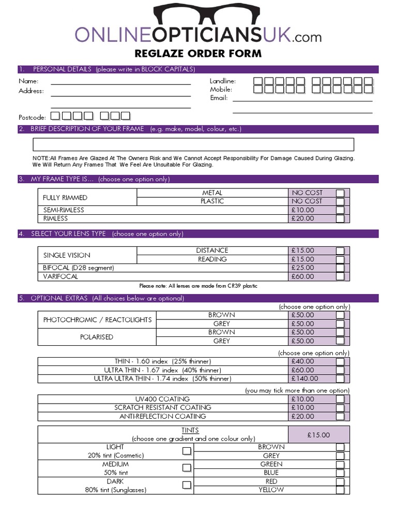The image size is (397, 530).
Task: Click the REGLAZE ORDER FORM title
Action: pyautogui.click(x=198, y=53)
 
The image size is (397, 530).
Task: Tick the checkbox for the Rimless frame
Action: pyautogui.click(x=340, y=218)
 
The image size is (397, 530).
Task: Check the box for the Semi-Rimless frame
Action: pyautogui.click(x=340, y=210)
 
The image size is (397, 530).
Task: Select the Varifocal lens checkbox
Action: pyautogui.click(x=340, y=276)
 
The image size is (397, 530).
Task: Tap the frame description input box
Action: pyautogui.click(x=193, y=144)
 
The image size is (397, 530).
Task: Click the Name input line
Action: pyautogui.click(x=120, y=82)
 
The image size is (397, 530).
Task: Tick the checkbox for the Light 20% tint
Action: pyautogui.click(x=187, y=451)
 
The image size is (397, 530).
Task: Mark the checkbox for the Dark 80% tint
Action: pyautogui.click(x=187, y=485)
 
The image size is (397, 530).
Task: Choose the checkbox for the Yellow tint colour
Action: pyautogui.click(x=340, y=490)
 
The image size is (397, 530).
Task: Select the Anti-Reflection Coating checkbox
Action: pyautogui.click(x=340, y=416)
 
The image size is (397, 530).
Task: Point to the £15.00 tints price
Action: pyautogui.click(x=318, y=435)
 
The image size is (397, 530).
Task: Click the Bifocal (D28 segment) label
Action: pyautogui.click(x=79, y=268)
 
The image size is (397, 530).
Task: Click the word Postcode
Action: pyautogui.click(x=32, y=117)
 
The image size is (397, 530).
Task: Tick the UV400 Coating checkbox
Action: pyautogui.click(x=340, y=399)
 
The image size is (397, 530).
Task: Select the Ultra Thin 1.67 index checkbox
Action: pyautogui.click(x=340, y=370)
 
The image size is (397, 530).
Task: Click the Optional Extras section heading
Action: pyautogui.click(x=107, y=299)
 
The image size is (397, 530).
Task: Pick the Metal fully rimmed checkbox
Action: pyautogui.click(x=340, y=193)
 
